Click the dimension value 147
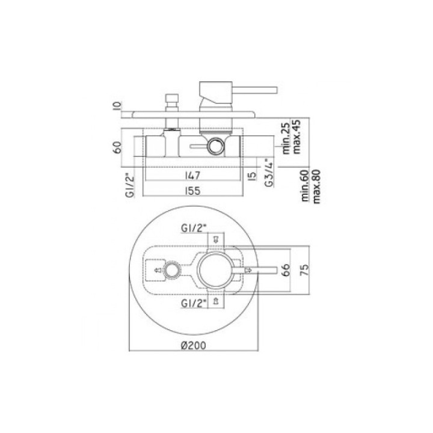point(193,176)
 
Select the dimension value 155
point(193,191)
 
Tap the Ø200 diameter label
point(194,345)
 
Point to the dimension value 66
point(286,269)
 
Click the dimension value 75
point(304,269)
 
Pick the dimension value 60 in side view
point(117,148)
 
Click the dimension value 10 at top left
point(117,106)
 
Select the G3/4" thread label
point(269,173)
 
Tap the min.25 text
point(286,138)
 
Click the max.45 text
point(296,137)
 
